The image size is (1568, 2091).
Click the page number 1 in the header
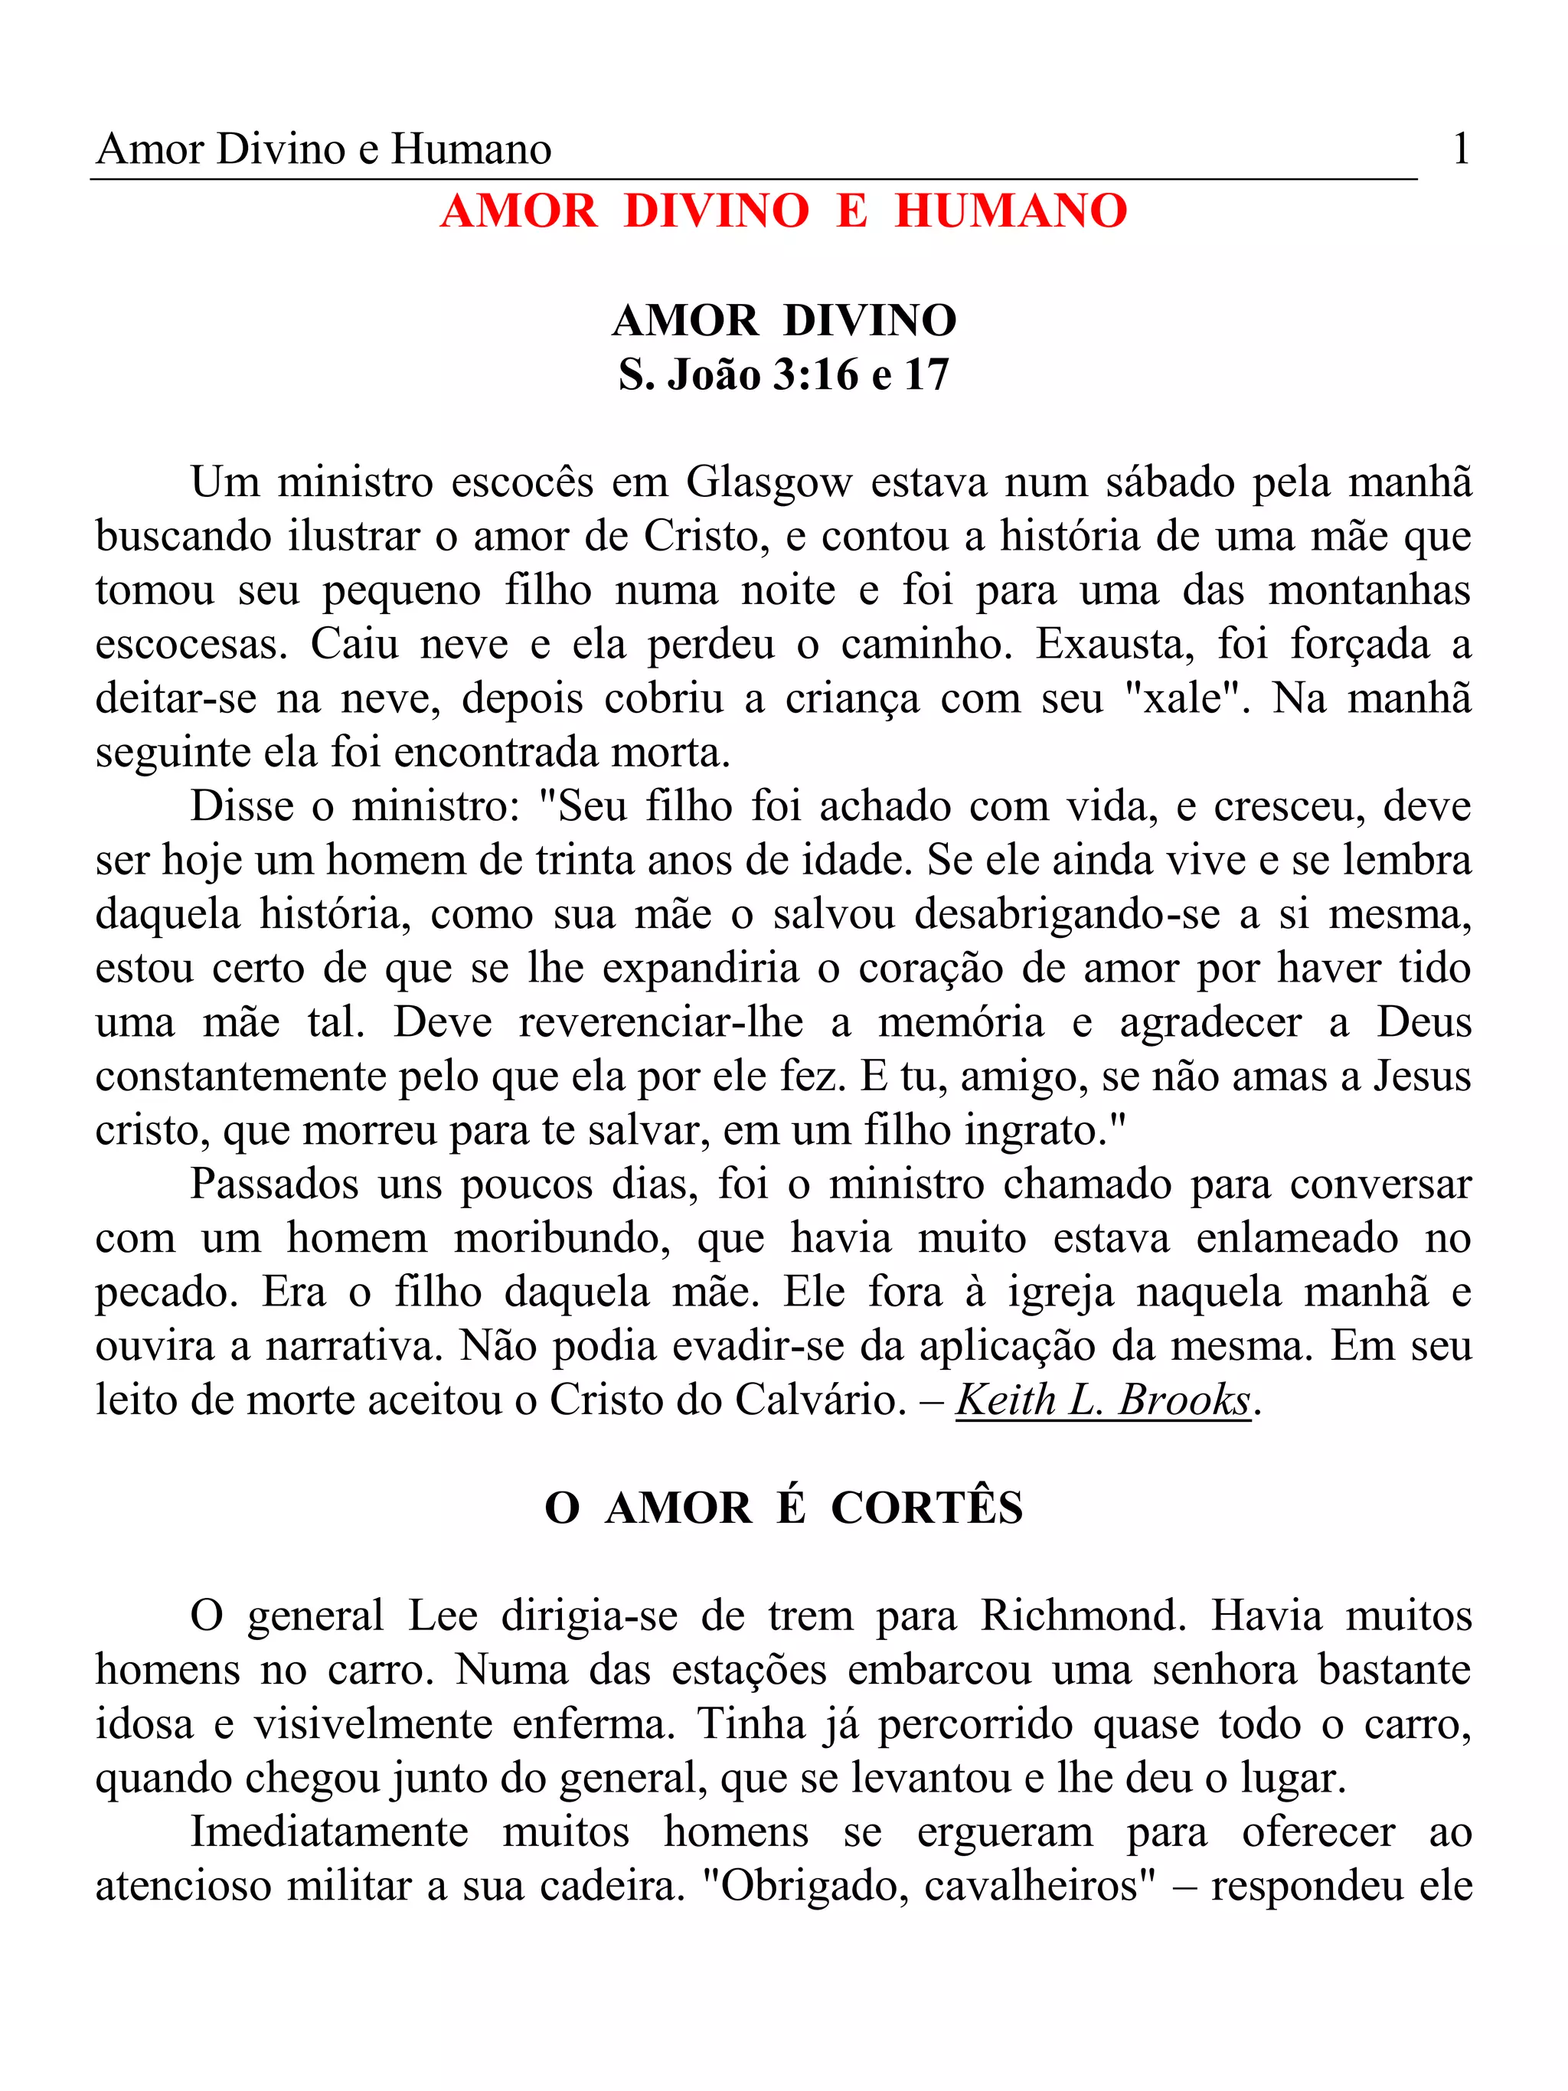(x=1460, y=149)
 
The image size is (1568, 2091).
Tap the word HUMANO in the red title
(x=1011, y=211)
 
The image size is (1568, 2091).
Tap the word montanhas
(x=1369, y=591)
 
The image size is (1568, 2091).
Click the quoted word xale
(x=1182, y=698)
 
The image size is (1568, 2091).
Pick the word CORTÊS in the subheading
(x=926, y=1508)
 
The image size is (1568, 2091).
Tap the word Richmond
(x=1081, y=1616)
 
